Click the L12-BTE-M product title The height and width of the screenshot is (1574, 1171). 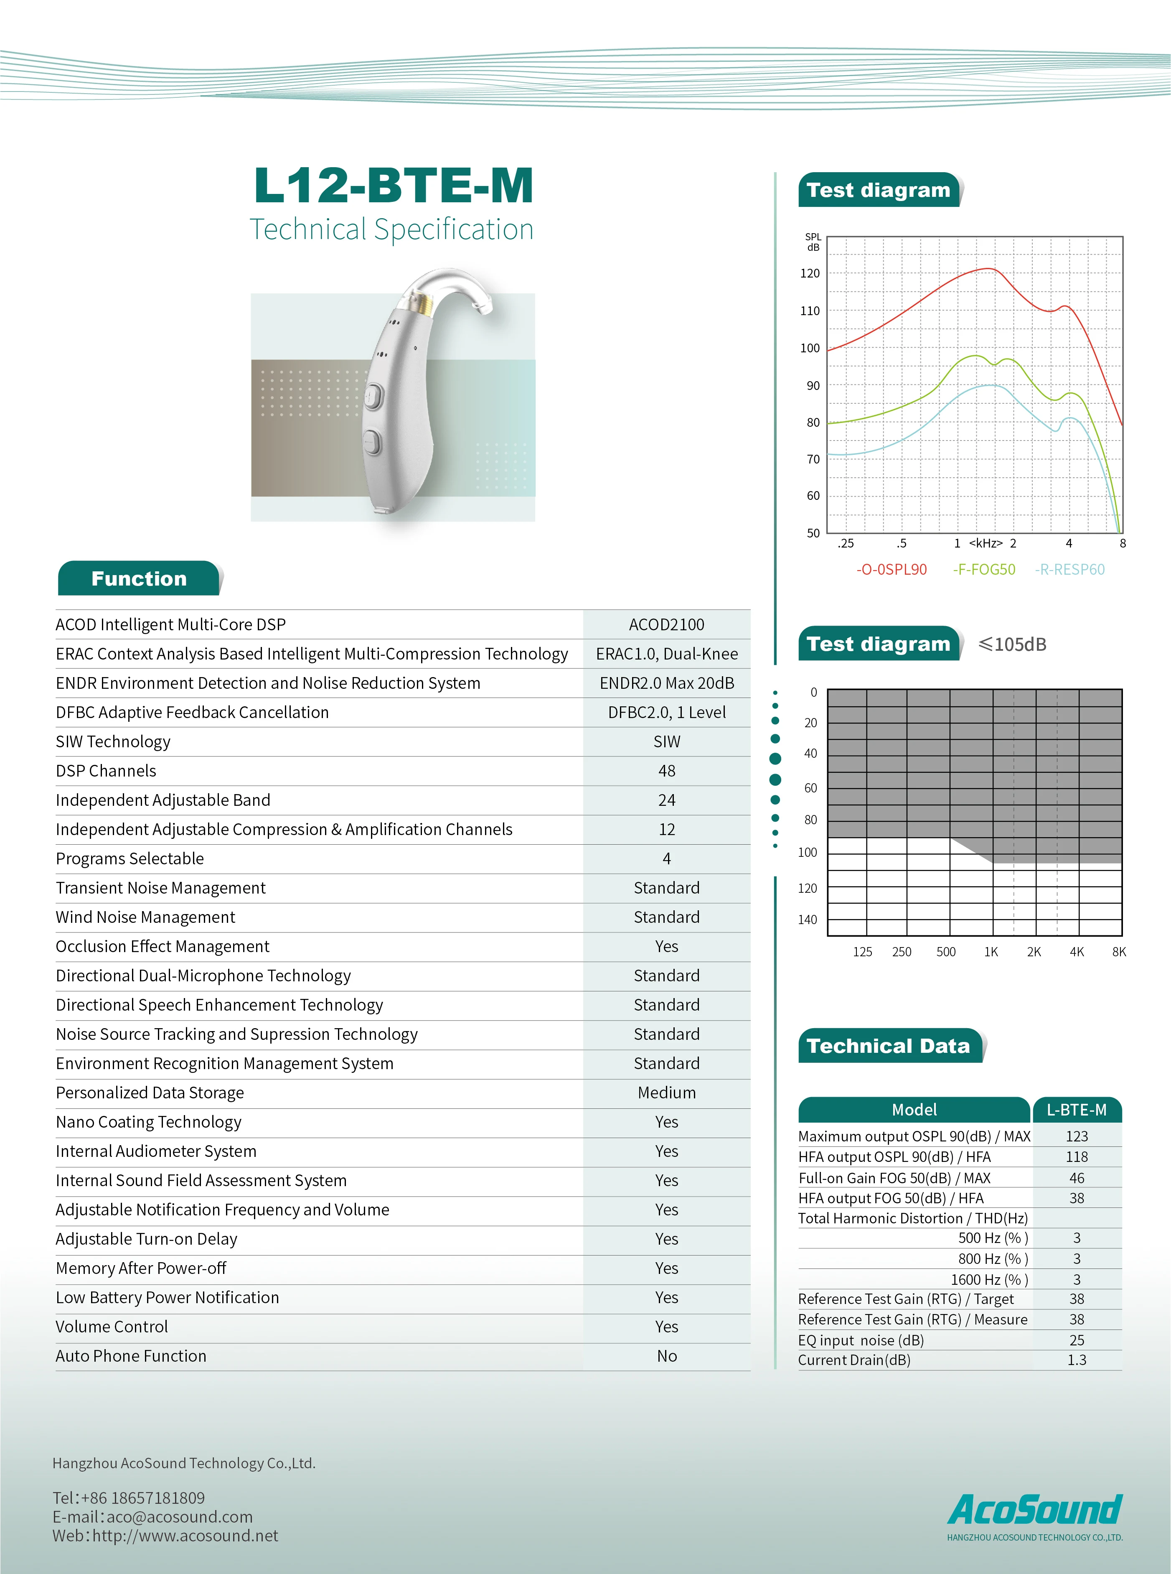(x=394, y=186)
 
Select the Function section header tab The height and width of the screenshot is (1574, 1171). (x=139, y=578)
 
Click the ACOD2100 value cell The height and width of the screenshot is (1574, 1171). (x=666, y=625)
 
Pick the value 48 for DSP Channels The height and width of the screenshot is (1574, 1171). (x=666, y=771)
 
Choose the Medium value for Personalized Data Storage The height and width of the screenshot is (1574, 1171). (x=666, y=1093)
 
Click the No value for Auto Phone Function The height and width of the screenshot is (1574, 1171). (x=666, y=1356)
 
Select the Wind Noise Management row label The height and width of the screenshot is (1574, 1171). (x=145, y=917)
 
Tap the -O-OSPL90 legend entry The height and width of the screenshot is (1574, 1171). (x=891, y=569)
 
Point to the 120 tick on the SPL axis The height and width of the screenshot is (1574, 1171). (x=810, y=274)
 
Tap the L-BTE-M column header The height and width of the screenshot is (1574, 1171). (x=1076, y=1110)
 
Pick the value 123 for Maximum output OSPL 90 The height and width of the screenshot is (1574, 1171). (x=1076, y=1136)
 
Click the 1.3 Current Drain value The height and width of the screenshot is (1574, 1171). (x=1076, y=1360)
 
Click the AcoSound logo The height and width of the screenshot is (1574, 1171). (x=1035, y=1510)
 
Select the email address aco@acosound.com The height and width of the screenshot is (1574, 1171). (x=179, y=1517)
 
